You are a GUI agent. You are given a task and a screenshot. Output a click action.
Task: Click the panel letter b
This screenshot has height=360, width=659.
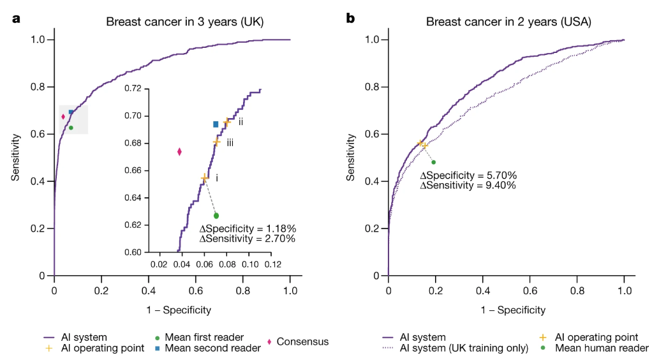pyautogui.click(x=350, y=19)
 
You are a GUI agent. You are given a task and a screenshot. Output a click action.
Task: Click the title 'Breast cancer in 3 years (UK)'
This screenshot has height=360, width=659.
pyautogui.click(x=185, y=22)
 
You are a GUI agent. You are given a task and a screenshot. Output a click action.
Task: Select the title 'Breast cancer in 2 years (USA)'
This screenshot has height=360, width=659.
pyautogui.click(x=508, y=22)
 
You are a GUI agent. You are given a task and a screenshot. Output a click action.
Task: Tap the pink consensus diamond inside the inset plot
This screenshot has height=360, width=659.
pyautogui.click(x=179, y=151)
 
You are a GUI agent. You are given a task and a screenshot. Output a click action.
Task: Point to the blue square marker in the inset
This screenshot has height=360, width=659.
pyautogui.click(x=216, y=124)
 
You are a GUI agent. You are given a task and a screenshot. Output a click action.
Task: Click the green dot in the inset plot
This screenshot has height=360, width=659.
pyautogui.click(x=216, y=216)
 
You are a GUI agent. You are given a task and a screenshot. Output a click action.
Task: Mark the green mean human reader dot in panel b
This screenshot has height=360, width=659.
pyautogui.click(x=433, y=162)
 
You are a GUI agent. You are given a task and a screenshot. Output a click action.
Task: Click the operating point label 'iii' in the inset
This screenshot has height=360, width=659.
pyautogui.click(x=230, y=143)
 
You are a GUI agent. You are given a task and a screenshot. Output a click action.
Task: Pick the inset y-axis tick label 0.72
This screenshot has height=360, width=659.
pyautogui.click(x=135, y=89)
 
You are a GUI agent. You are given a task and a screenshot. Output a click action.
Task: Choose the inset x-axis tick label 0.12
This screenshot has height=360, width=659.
pyautogui.click(x=272, y=264)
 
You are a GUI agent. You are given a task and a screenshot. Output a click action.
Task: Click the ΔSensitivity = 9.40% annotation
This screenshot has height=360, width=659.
pyautogui.click(x=468, y=185)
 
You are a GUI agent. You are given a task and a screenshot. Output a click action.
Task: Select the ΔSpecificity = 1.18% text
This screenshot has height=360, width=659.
pyautogui.click(x=248, y=229)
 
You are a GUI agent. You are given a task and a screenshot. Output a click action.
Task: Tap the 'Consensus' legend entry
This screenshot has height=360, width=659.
pyautogui.click(x=302, y=342)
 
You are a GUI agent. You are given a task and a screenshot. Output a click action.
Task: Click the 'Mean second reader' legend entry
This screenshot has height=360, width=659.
pyautogui.click(x=212, y=349)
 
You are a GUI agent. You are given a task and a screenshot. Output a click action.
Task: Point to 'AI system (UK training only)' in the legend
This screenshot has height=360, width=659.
pyautogui.click(x=463, y=349)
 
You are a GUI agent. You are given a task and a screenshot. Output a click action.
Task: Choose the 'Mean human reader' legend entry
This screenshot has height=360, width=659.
pyautogui.click(x=602, y=349)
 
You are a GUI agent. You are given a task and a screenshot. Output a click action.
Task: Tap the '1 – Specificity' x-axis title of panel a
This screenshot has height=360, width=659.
pyautogui.click(x=172, y=310)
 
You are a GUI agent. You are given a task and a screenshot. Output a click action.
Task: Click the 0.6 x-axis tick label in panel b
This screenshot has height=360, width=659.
pyautogui.click(x=529, y=290)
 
